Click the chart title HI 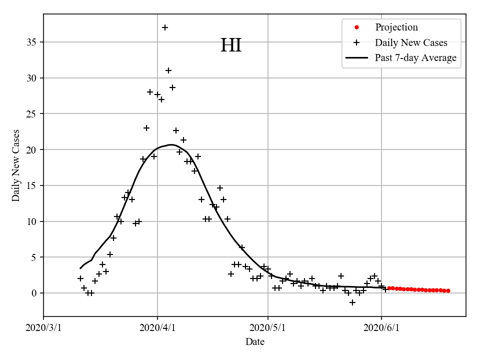(231, 45)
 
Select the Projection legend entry (396, 27)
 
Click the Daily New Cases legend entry (411, 42)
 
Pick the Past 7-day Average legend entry (415, 58)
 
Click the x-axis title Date (255, 342)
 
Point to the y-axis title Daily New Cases (16, 165)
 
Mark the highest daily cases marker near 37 (165, 27)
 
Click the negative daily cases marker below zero (352, 302)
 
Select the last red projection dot (448, 290)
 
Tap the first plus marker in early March (80, 278)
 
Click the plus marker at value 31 (168, 70)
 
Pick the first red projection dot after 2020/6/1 (389, 288)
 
